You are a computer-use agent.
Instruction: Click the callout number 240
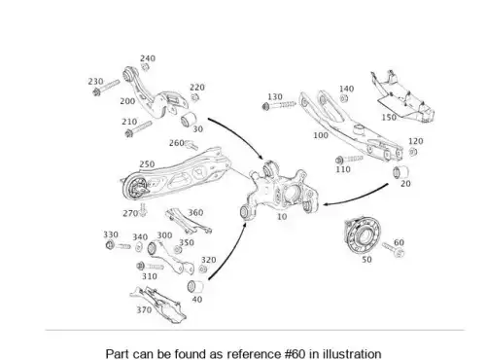point(148,58)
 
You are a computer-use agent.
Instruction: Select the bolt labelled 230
point(106,88)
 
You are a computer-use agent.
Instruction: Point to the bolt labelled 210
point(138,128)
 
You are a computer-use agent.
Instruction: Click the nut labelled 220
point(194,97)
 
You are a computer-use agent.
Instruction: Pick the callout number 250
point(147,164)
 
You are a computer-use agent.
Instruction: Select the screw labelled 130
point(279,105)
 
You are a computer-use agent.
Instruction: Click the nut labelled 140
point(344,98)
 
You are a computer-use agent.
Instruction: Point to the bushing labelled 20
point(400,172)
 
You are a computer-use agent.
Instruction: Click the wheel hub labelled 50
point(363,234)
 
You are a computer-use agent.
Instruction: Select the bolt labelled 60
point(393,250)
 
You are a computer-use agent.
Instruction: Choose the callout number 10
point(282,216)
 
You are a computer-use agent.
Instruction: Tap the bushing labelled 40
point(195,286)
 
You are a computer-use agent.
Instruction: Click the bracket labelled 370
point(157,305)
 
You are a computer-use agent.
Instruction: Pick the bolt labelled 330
point(118,245)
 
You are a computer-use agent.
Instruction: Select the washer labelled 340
point(139,247)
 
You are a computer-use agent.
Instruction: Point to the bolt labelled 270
point(143,210)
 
